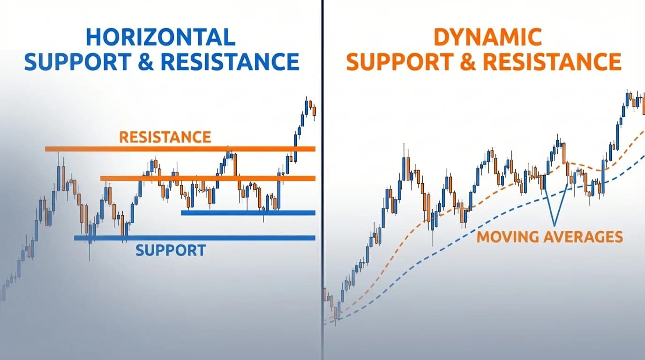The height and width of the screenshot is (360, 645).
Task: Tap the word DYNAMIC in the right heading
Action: (x=487, y=37)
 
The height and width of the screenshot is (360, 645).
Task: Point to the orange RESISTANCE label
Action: (x=165, y=137)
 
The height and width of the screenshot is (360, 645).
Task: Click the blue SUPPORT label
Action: (x=171, y=250)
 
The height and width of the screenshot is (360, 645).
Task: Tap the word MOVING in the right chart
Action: (x=508, y=237)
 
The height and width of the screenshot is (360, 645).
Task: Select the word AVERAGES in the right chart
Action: (x=583, y=237)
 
